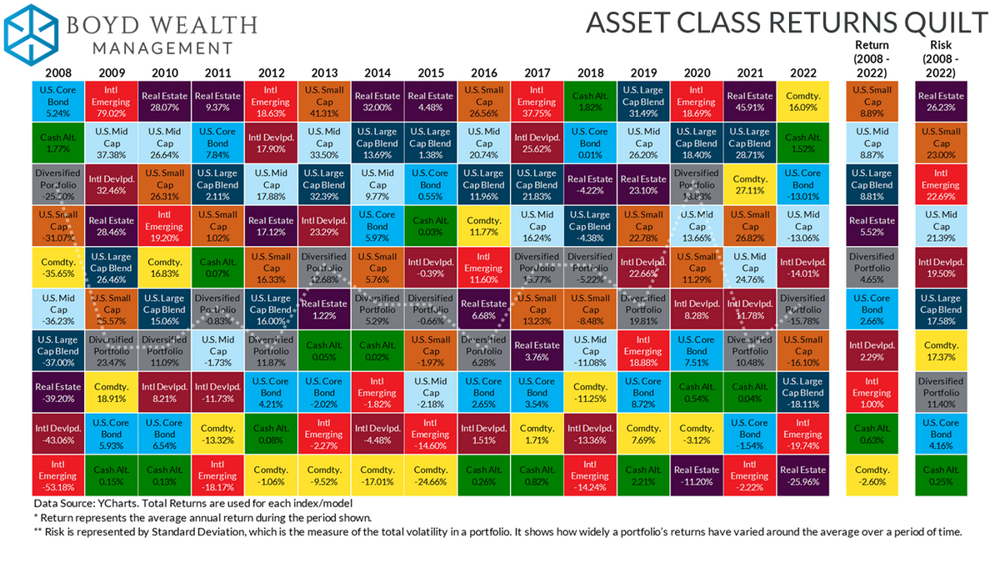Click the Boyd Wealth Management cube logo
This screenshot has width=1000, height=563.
[32, 31]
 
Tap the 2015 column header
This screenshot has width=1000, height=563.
[430, 73]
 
